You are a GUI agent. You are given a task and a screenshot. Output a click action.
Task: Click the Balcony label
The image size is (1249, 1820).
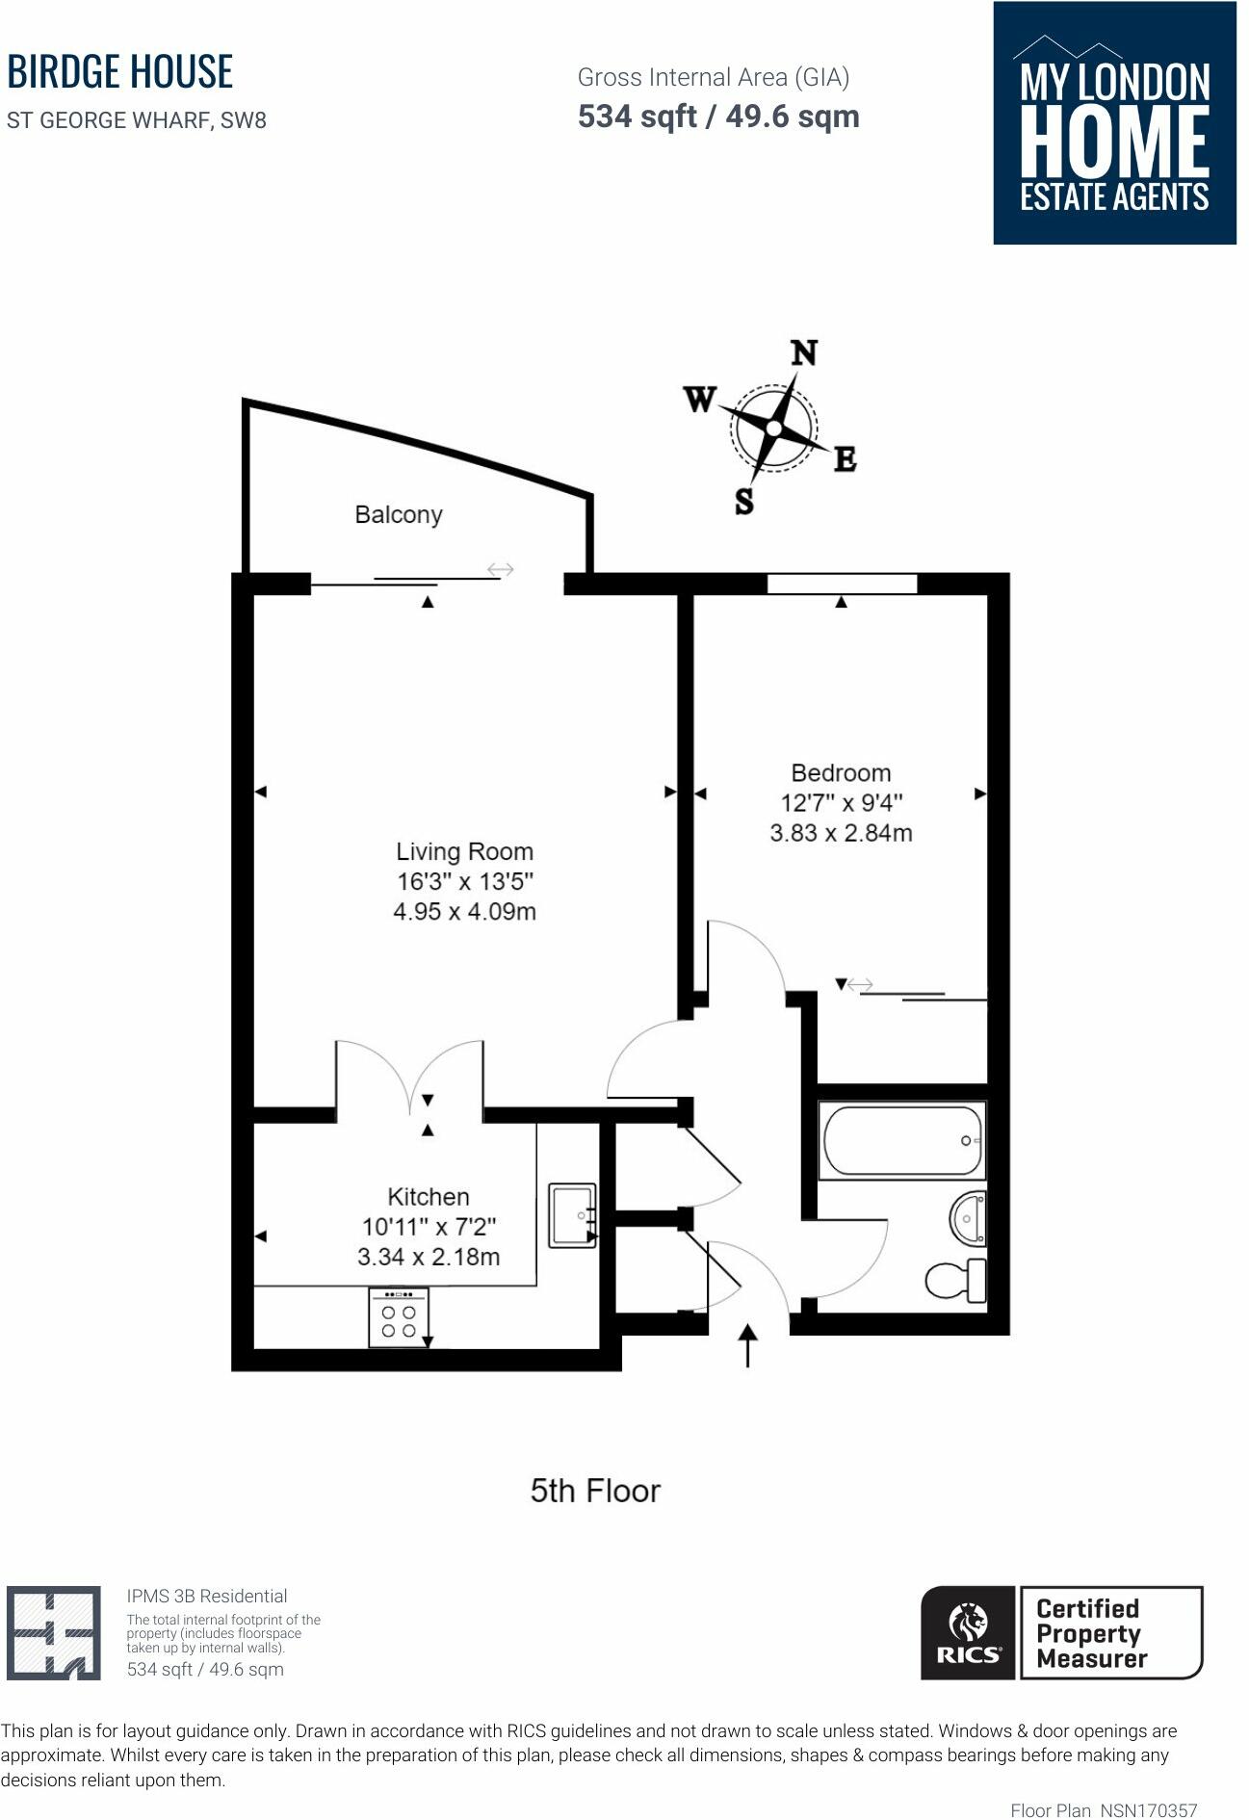[x=399, y=514]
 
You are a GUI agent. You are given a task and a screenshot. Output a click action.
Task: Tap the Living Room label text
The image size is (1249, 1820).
[x=464, y=851]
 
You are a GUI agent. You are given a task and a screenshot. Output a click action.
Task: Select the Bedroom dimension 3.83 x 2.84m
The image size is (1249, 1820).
[x=841, y=833]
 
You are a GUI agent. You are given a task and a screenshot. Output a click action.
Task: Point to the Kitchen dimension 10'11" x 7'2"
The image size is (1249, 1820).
[x=429, y=1227]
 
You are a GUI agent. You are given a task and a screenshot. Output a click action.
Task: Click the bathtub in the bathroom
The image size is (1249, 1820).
[x=900, y=1141]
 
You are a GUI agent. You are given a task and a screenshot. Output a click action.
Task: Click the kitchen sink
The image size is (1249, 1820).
[x=572, y=1214]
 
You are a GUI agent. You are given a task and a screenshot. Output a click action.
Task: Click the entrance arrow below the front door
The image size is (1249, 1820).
[x=747, y=1345]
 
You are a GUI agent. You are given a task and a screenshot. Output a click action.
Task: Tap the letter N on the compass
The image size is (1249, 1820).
[x=804, y=353]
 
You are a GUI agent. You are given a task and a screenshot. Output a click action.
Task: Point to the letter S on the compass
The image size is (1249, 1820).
[x=744, y=501]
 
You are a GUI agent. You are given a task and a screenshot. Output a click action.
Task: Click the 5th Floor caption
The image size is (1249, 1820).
[x=595, y=1491]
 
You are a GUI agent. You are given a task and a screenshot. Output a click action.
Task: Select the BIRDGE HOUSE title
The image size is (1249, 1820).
[x=120, y=72]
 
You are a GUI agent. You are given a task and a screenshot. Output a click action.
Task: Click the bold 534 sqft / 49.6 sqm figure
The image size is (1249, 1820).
[x=718, y=117]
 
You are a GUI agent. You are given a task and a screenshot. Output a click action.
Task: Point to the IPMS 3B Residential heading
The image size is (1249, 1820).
[x=207, y=1596]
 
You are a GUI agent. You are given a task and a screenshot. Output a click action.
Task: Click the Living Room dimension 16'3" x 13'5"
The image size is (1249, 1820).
[x=464, y=881]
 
